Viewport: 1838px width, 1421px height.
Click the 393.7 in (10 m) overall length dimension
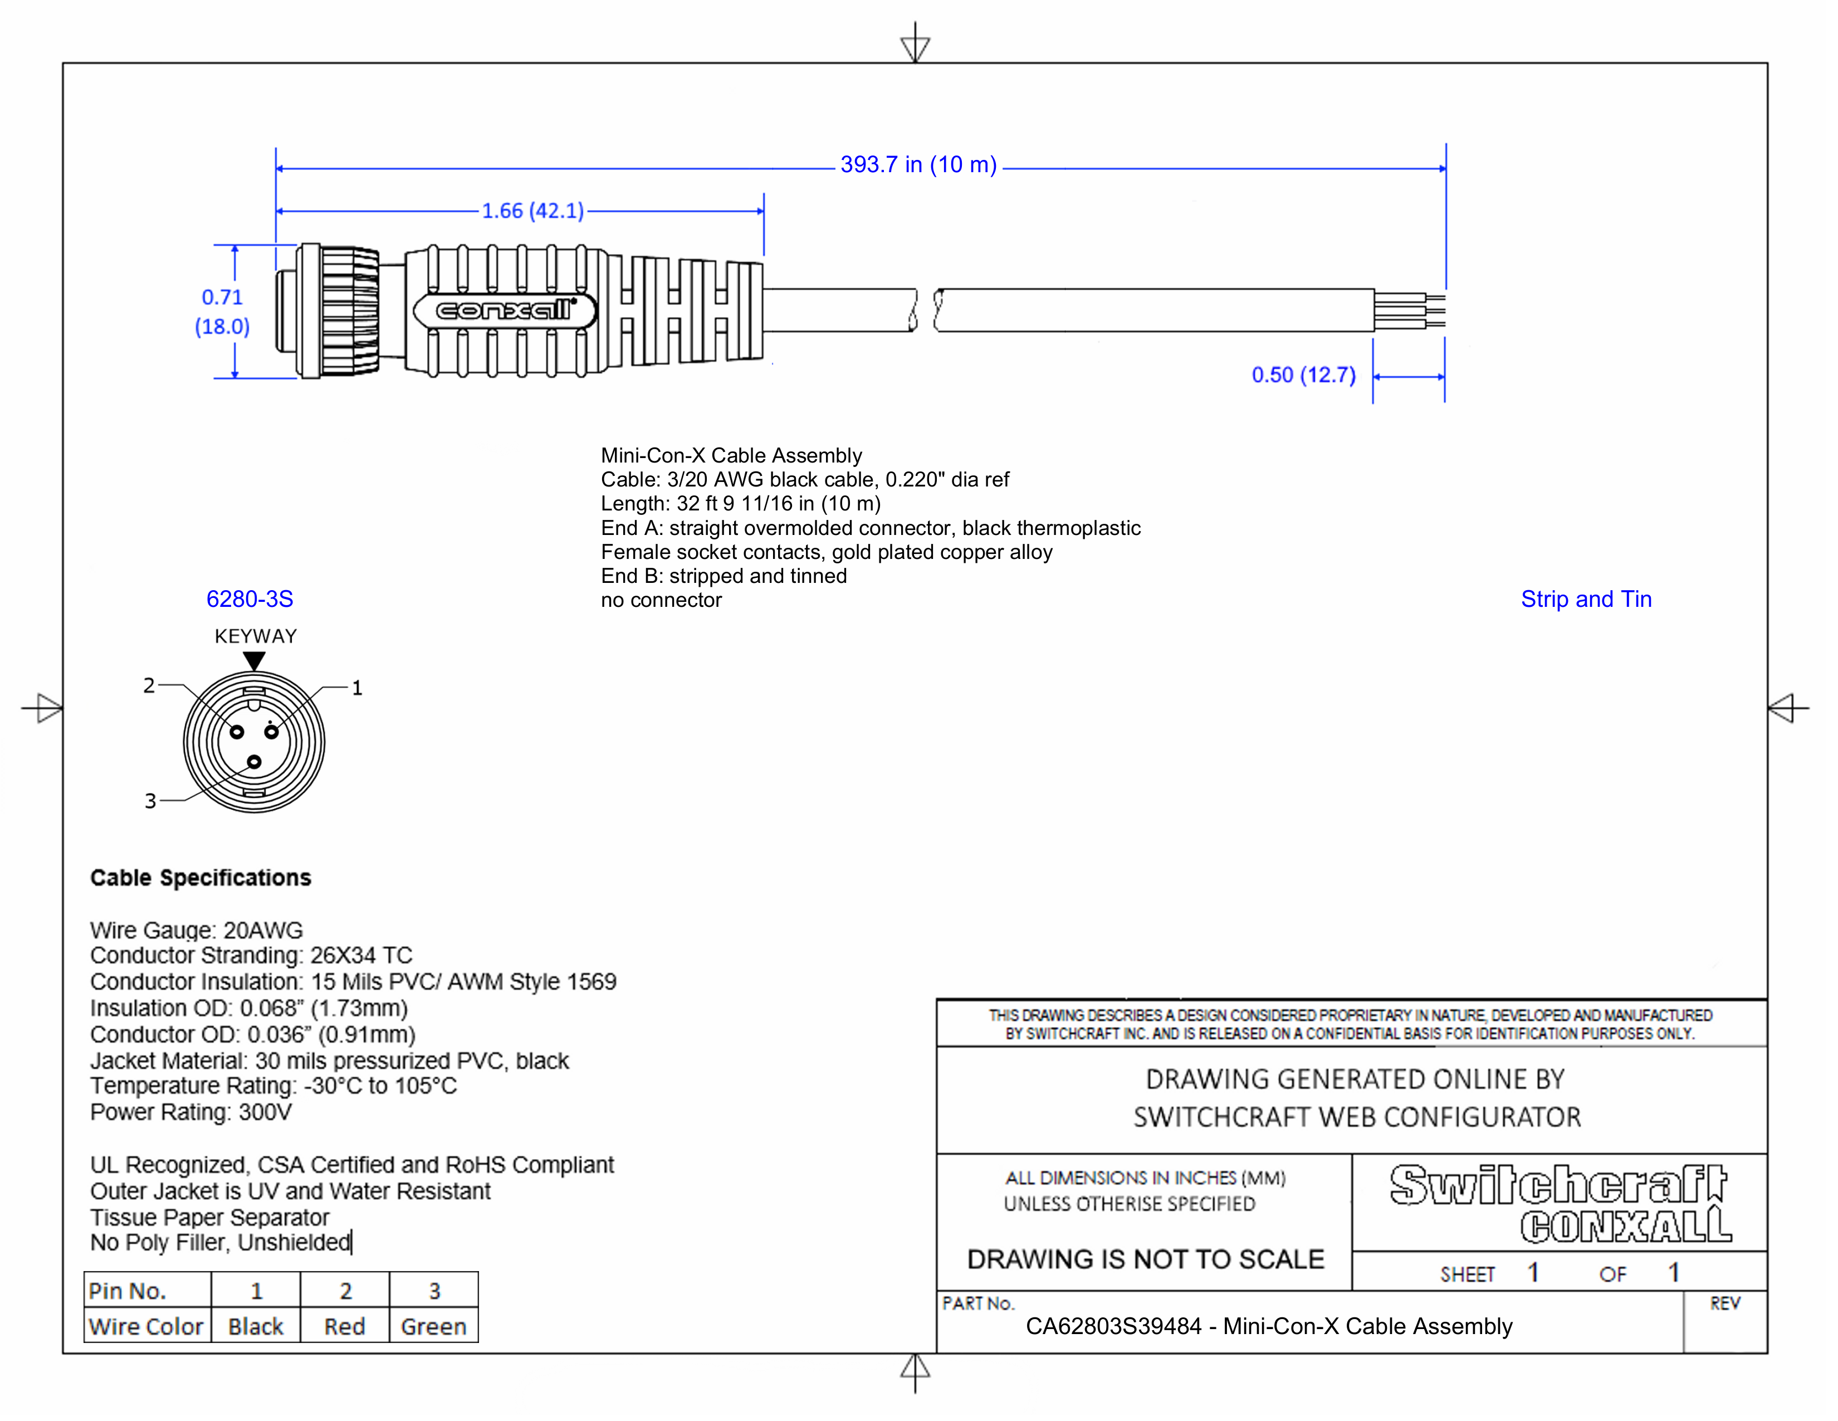pos(917,165)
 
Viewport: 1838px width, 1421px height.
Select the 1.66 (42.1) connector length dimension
pos(532,211)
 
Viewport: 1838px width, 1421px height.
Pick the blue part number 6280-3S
pos(250,600)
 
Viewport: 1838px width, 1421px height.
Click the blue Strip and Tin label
pos(1586,600)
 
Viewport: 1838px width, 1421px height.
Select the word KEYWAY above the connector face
pos(256,636)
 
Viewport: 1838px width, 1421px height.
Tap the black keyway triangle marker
pos(254,661)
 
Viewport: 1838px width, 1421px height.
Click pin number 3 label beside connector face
pos(150,801)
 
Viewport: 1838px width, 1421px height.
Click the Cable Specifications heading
pos(201,878)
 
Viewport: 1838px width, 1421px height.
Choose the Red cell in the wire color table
pos(344,1327)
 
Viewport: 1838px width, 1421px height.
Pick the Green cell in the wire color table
pos(433,1327)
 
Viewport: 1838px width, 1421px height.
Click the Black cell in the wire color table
pos(256,1327)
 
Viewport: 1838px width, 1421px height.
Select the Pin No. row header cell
pos(128,1291)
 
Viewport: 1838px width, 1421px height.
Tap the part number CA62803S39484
pos(1113,1327)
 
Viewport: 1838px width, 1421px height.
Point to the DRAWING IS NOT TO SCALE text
pos(1145,1259)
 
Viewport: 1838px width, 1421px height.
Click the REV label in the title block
pos(1724,1304)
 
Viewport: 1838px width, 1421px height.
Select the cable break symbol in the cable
pos(926,310)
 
